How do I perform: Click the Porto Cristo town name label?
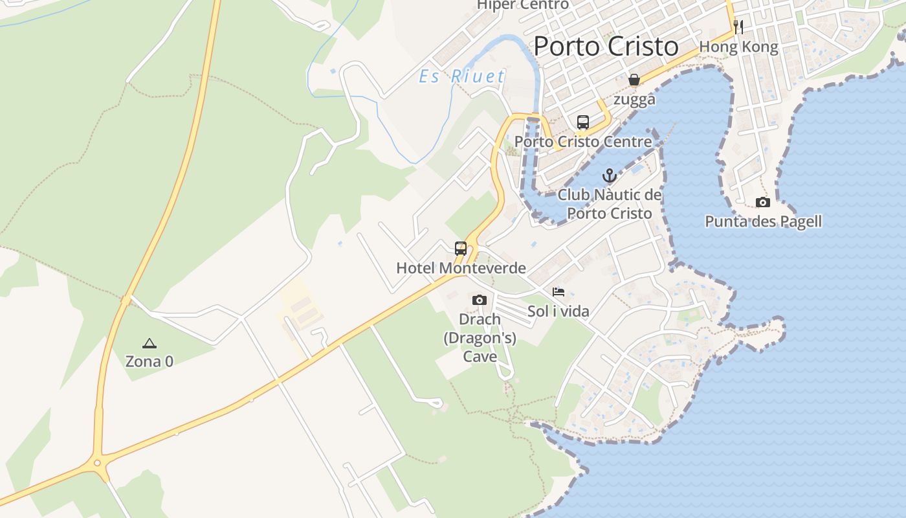(x=606, y=47)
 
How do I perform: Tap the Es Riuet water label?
(x=461, y=76)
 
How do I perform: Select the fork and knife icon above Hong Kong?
(x=738, y=27)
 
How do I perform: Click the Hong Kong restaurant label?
(x=738, y=47)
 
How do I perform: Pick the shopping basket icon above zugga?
(x=634, y=80)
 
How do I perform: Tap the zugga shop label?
(x=634, y=99)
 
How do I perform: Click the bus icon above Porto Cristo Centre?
(x=582, y=122)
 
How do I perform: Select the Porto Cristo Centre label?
(x=582, y=141)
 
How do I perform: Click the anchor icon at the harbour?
(x=609, y=175)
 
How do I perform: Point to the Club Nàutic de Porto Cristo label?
(x=610, y=204)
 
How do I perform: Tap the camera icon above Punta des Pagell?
(x=763, y=202)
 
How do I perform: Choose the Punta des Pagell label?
(x=763, y=221)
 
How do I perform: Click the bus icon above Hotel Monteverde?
(x=461, y=248)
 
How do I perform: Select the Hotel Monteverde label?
(x=461, y=267)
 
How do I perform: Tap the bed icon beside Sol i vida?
(x=558, y=292)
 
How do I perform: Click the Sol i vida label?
(x=558, y=311)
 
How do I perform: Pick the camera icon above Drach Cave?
(x=480, y=300)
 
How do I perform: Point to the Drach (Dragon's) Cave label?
(x=480, y=337)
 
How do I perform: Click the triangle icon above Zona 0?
(x=149, y=343)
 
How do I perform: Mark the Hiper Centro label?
(x=522, y=5)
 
